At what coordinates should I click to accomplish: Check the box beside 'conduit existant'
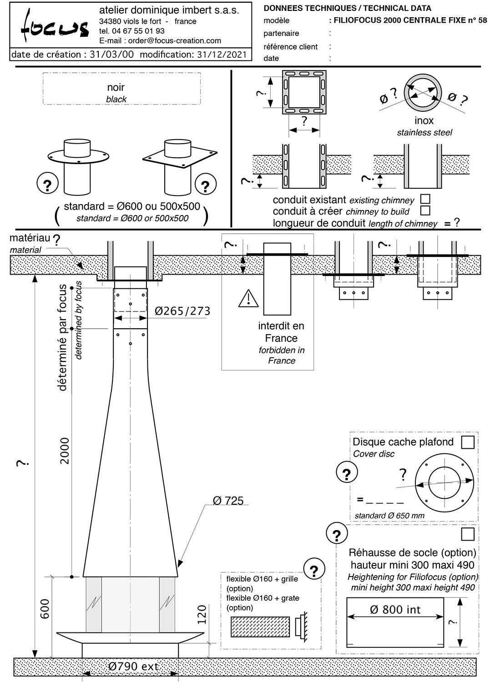pyautogui.click(x=425, y=199)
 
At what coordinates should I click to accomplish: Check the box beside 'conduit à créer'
pyautogui.click(x=425, y=211)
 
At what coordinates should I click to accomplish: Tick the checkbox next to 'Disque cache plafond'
pyautogui.click(x=468, y=442)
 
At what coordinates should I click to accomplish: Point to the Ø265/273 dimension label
pyautogui.click(x=182, y=311)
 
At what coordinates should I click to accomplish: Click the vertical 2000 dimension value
pyautogui.click(x=65, y=450)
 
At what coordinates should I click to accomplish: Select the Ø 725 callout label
pyautogui.click(x=228, y=501)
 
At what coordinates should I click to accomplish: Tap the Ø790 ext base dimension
pyautogui.click(x=134, y=667)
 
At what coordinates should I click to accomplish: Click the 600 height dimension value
pyautogui.click(x=45, y=608)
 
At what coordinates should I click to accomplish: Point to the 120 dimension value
pyautogui.click(x=202, y=614)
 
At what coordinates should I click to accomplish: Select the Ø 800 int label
pyautogui.click(x=395, y=609)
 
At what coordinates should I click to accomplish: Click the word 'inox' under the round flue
pyautogui.click(x=424, y=120)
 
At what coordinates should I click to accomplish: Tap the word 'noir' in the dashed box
pyautogui.click(x=116, y=87)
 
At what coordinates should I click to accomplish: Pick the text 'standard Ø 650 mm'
pyautogui.click(x=389, y=516)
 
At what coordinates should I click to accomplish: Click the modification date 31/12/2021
pyautogui.click(x=222, y=55)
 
